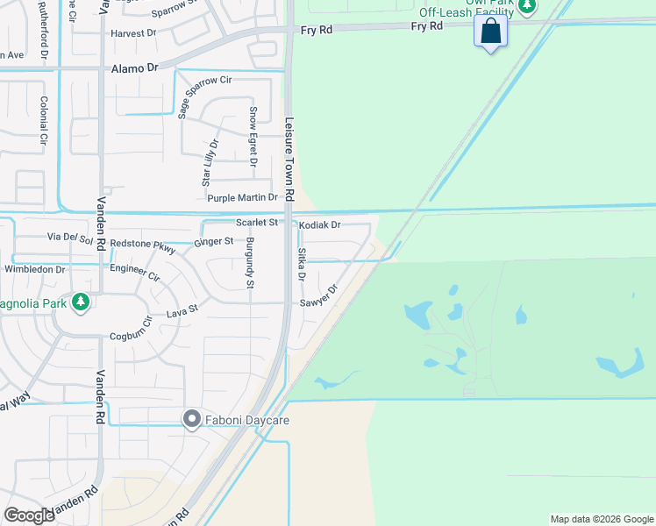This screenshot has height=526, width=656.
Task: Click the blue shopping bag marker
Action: click(x=491, y=32)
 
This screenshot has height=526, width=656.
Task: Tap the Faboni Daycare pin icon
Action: click(x=192, y=420)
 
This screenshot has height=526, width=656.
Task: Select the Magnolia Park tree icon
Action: click(x=81, y=302)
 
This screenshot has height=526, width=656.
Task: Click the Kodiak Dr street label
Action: click(x=319, y=225)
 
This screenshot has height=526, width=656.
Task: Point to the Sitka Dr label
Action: click(x=301, y=264)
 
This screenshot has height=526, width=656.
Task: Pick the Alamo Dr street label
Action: click(x=134, y=68)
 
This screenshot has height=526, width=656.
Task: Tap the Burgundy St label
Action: click(x=249, y=263)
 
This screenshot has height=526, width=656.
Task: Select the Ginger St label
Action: click(x=214, y=241)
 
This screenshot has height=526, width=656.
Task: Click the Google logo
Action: click(x=29, y=515)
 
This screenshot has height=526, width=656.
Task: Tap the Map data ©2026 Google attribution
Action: click(x=602, y=519)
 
